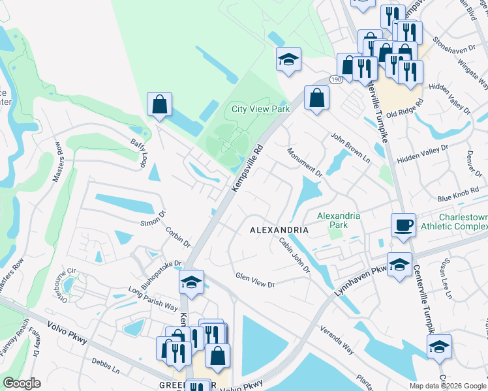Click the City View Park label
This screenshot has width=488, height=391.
pos(261,109)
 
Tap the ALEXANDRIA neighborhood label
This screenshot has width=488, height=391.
pos(280,230)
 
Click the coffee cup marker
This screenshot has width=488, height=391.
pos(403,225)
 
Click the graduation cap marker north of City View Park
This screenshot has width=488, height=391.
pos(288,59)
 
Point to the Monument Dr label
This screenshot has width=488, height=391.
pos(305,162)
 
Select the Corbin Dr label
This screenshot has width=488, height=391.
pos(177,237)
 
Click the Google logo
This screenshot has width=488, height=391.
pos(22,383)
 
